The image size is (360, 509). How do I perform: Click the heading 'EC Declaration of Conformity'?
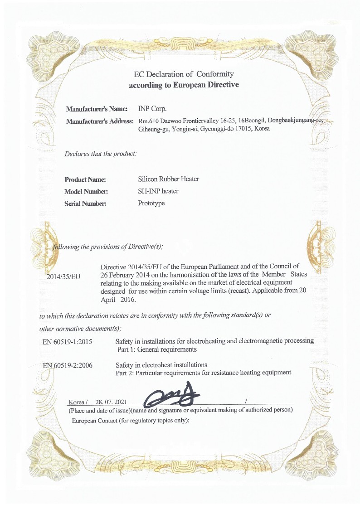[184, 74]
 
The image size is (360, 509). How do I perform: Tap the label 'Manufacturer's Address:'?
[100, 121]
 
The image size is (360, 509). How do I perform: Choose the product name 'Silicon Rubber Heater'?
[168, 179]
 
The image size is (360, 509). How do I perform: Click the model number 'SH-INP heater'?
[158, 191]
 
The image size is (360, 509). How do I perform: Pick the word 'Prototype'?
[151, 204]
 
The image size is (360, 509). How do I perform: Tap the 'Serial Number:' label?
[85, 204]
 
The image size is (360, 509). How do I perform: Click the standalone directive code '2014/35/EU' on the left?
[63, 276]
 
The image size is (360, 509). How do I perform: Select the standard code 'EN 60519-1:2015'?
[68, 341]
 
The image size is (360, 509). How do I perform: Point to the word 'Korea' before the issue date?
[77, 402]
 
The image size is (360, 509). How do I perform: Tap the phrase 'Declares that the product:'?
[101, 154]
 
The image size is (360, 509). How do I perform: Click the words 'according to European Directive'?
[184, 85]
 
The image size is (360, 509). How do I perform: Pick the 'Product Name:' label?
[85, 179]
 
